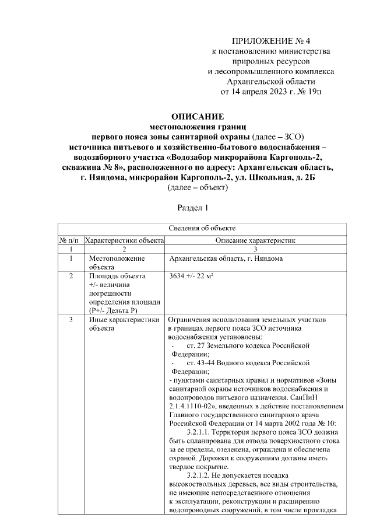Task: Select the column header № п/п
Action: click(70, 239)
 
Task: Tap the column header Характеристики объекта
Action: click(124, 239)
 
